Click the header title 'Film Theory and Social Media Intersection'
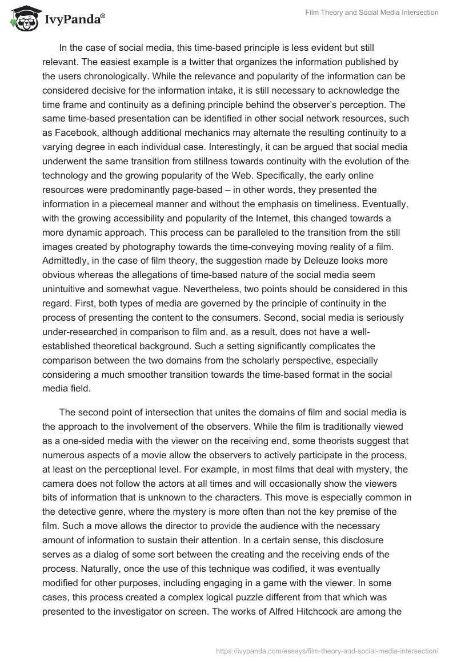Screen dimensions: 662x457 pyautogui.click(x=371, y=13)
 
